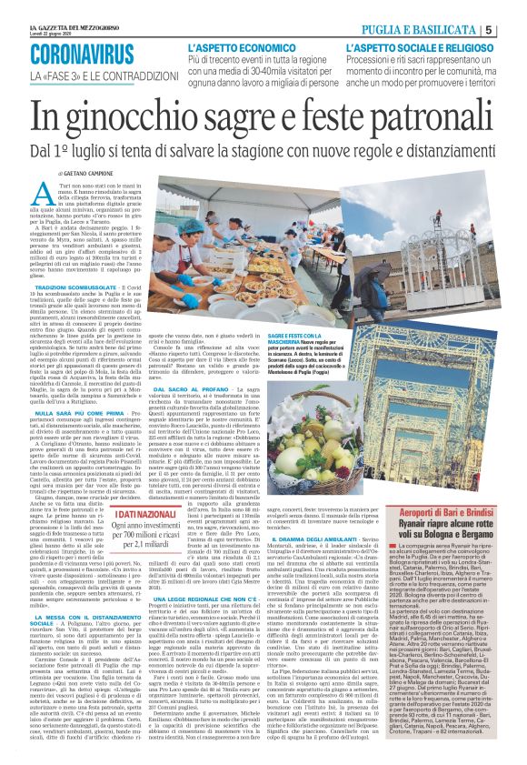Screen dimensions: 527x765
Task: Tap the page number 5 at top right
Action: pos(512,29)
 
